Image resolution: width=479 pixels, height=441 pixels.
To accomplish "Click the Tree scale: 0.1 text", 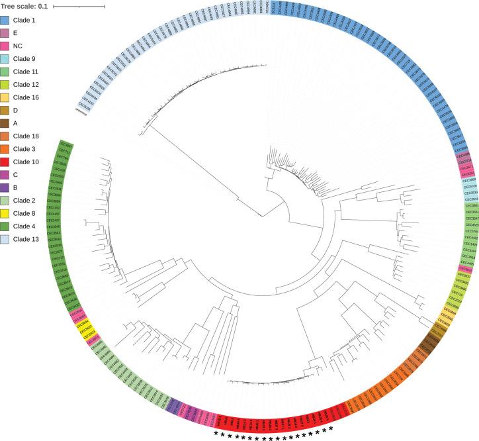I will [x=22, y=7].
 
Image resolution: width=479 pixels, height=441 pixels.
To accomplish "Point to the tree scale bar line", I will [x=79, y=7].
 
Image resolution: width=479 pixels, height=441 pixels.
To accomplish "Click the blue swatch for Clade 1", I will [x=6, y=21].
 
